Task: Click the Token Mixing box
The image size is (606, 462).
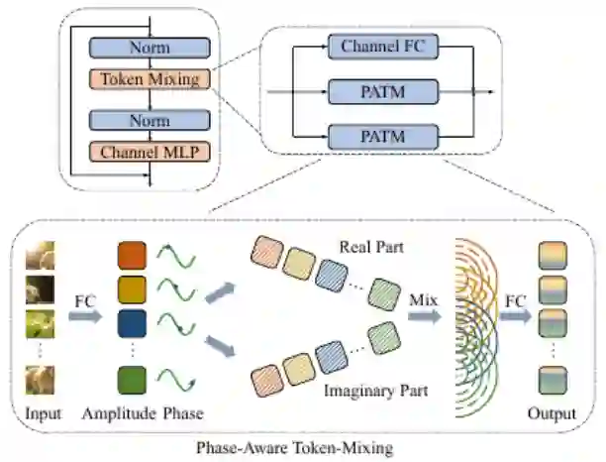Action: [x=150, y=79]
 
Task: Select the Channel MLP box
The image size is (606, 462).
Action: [x=150, y=152]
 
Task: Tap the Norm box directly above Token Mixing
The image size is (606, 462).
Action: [x=150, y=48]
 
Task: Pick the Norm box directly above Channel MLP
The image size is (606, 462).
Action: [x=150, y=120]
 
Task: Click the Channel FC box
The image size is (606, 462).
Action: [x=383, y=47]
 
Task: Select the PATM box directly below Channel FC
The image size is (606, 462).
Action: [x=383, y=91]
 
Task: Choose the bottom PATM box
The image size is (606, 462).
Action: [x=383, y=137]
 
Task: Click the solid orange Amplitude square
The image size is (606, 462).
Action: [x=132, y=256]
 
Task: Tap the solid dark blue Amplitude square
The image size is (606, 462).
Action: [x=132, y=323]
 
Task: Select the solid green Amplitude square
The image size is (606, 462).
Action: [x=132, y=381]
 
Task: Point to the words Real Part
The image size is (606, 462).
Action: [x=371, y=247]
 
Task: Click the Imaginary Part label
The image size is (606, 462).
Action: [x=376, y=391]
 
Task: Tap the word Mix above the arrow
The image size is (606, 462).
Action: [x=423, y=299]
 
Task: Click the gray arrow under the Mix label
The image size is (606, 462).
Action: [x=425, y=316]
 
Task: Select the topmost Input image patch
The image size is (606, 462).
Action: [x=41, y=256]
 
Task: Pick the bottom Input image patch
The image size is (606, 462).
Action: [x=41, y=381]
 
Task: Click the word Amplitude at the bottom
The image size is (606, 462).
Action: [x=119, y=413]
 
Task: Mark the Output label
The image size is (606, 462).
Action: [x=552, y=413]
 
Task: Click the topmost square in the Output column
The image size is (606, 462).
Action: [x=553, y=256]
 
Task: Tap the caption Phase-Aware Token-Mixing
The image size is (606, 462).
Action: [x=294, y=448]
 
